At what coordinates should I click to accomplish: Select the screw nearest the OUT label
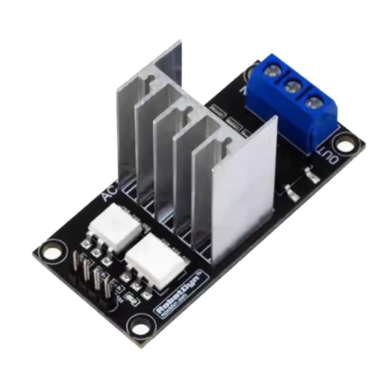click(311, 102)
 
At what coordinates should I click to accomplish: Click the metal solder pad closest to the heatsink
click(291, 192)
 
